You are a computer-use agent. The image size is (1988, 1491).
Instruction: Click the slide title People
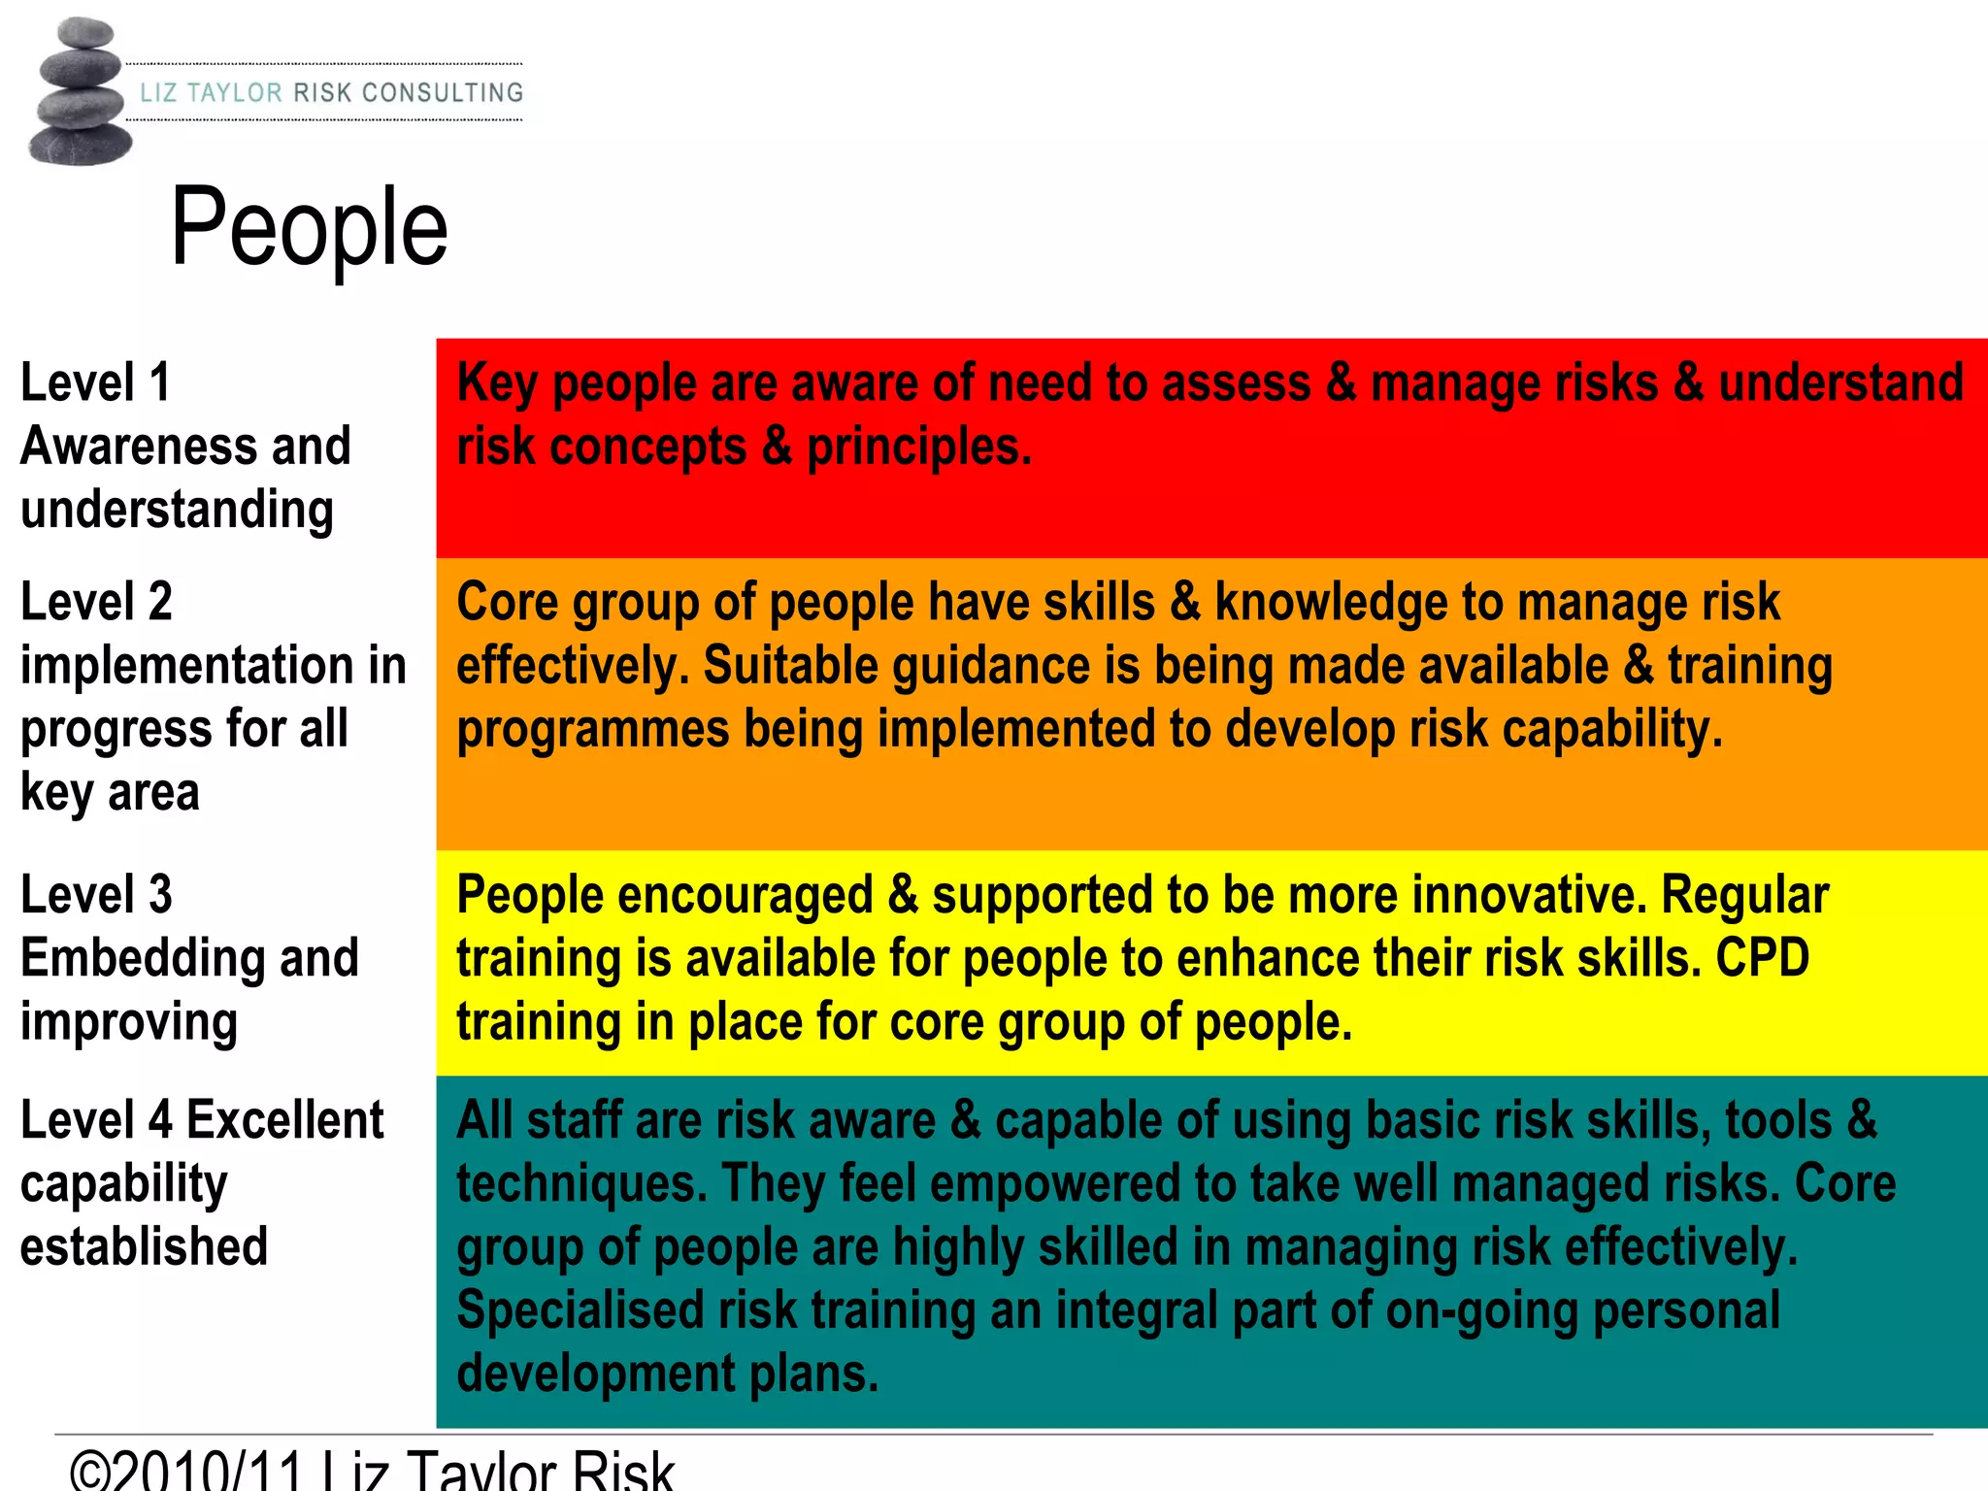pos(309,229)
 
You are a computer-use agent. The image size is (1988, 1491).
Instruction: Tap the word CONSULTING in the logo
pos(443,93)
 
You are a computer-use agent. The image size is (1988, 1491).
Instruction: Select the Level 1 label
pos(95,382)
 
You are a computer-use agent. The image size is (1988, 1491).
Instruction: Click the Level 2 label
pos(96,602)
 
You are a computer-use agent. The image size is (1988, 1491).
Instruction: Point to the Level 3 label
pos(96,895)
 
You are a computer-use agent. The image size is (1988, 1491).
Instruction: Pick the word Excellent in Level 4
pos(285,1120)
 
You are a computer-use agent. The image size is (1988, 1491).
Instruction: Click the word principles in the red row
pos(918,447)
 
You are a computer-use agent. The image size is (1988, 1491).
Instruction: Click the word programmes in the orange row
pos(592,730)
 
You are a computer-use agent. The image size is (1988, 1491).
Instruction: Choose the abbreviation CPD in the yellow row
pos(1762,958)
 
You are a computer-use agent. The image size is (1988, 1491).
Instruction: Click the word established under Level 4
pos(144,1247)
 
